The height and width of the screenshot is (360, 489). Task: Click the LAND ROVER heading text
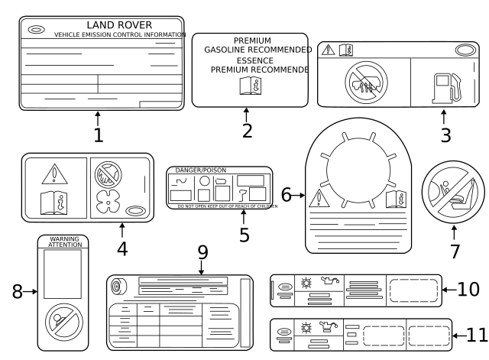click(118, 25)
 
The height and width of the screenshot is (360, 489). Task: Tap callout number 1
click(98, 135)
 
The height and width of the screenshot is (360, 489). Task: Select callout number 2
click(247, 130)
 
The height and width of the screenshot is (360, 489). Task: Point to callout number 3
click(445, 135)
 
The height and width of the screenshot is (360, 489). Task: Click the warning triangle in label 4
click(54, 175)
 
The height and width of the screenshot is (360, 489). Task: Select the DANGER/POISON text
click(201, 170)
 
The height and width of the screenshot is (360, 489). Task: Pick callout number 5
click(244, 234)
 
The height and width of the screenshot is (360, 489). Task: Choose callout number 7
click(455, 250)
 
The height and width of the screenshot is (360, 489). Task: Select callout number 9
click(202, 251)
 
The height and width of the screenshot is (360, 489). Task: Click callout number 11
click(476, 335)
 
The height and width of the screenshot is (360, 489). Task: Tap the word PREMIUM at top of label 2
click(252, 41)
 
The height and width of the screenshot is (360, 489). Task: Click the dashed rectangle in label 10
click(413, 291)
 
